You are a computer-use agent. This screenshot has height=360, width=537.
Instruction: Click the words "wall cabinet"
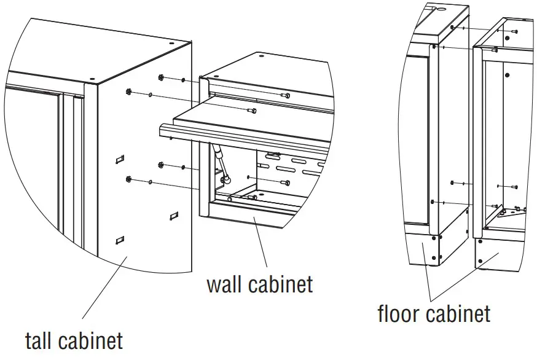click(259, 284)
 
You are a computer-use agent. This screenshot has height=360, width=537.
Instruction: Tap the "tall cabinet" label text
click(73, 340)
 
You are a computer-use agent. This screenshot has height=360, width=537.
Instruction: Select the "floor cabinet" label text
click(434, 314)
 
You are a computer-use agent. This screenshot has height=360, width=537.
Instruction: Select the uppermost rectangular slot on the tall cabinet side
click(119, 160)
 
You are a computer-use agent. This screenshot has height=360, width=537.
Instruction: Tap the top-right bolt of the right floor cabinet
click(514, 31)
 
